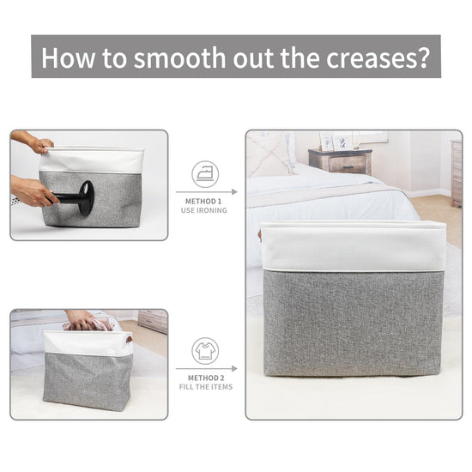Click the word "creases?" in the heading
[378, 57]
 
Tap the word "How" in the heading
[68, 57]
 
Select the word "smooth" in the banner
[179, 57]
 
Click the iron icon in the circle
[205, 174]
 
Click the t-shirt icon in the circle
[205, 351]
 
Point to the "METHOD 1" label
[203, 202]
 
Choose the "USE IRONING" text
[203, 210]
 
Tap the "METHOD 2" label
[206, 378]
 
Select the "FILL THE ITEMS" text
[206, 387]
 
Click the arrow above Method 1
[207, 191]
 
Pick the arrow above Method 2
[207, 368]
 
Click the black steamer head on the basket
[87, 198]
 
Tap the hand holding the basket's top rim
[43, 145]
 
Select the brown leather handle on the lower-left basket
[129, 339]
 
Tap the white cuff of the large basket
[353, 246]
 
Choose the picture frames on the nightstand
[336, 141]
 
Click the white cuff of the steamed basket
[92, 160]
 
